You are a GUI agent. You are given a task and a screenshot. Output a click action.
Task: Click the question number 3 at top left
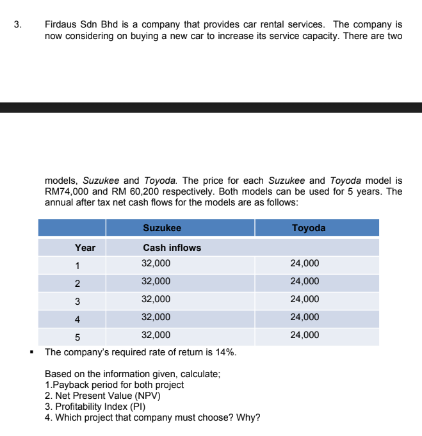pos(17,25)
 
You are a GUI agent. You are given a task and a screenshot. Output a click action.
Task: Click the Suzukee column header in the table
pos(161,228)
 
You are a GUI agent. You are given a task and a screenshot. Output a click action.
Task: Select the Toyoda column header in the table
pos(308,228)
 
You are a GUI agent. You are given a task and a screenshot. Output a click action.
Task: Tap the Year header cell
pos(85,248)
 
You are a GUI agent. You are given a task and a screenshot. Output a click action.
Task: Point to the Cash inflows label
pos(172,248)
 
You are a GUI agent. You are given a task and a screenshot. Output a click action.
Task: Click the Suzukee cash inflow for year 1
pos(156,263)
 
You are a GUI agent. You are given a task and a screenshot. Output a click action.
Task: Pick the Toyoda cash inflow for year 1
pos(304,263)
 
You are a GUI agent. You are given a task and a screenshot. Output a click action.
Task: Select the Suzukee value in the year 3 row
pos(156,299)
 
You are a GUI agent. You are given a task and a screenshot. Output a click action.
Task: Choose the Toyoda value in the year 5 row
pos(304,335)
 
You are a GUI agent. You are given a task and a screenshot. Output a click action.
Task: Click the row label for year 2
pos(77,282)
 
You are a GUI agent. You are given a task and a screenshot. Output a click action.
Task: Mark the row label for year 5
pos(77,336)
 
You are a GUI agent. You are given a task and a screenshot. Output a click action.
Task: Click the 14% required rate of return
pos(226,353)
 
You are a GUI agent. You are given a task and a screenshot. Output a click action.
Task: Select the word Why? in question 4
pos(248,418)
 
